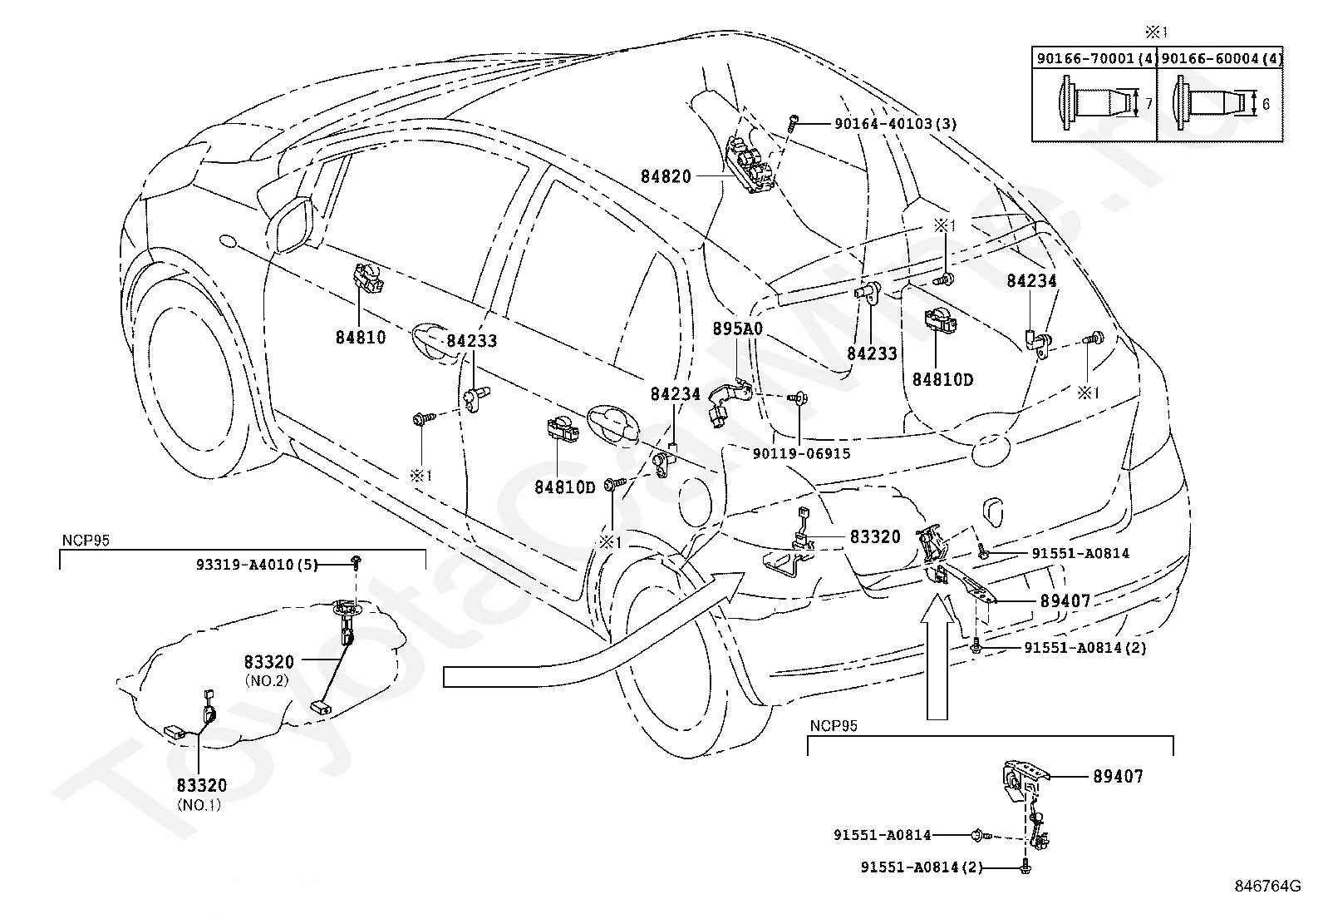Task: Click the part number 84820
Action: [x=665, y=176]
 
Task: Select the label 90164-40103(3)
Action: [x=895, y=124]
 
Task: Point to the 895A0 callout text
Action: [x=737, y=329]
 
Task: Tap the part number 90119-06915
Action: [x=802, y=453]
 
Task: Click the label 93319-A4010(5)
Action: [x=257, y=565]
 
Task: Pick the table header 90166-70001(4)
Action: [x=1095, y=59]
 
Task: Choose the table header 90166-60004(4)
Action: [x=1221, y=59]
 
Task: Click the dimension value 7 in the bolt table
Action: [x=1148, y=105]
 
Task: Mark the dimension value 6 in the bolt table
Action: [x=1266, y=105]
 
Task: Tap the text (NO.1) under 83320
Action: [x=199, y=804]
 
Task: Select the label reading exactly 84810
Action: [x=361, y=338]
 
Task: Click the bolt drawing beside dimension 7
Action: [x=1089, y=104]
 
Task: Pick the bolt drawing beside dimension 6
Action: [x=1209, y=104]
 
